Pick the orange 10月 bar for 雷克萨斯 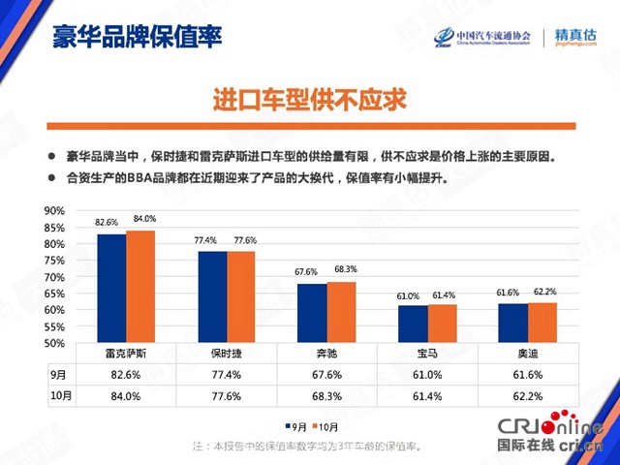click(x=140, y=286)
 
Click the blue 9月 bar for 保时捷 click(x=212, y=296)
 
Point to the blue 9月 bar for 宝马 click(x=413, y=324)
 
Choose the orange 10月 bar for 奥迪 click(x=542, y=323)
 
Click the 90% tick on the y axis click(x=54, y=210)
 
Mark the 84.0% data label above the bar click(x=144, y=218)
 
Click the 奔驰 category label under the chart click(x=326, y=355)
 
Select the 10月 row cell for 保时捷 click(x=227, y=394)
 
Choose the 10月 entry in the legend click(x=325, y=426)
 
